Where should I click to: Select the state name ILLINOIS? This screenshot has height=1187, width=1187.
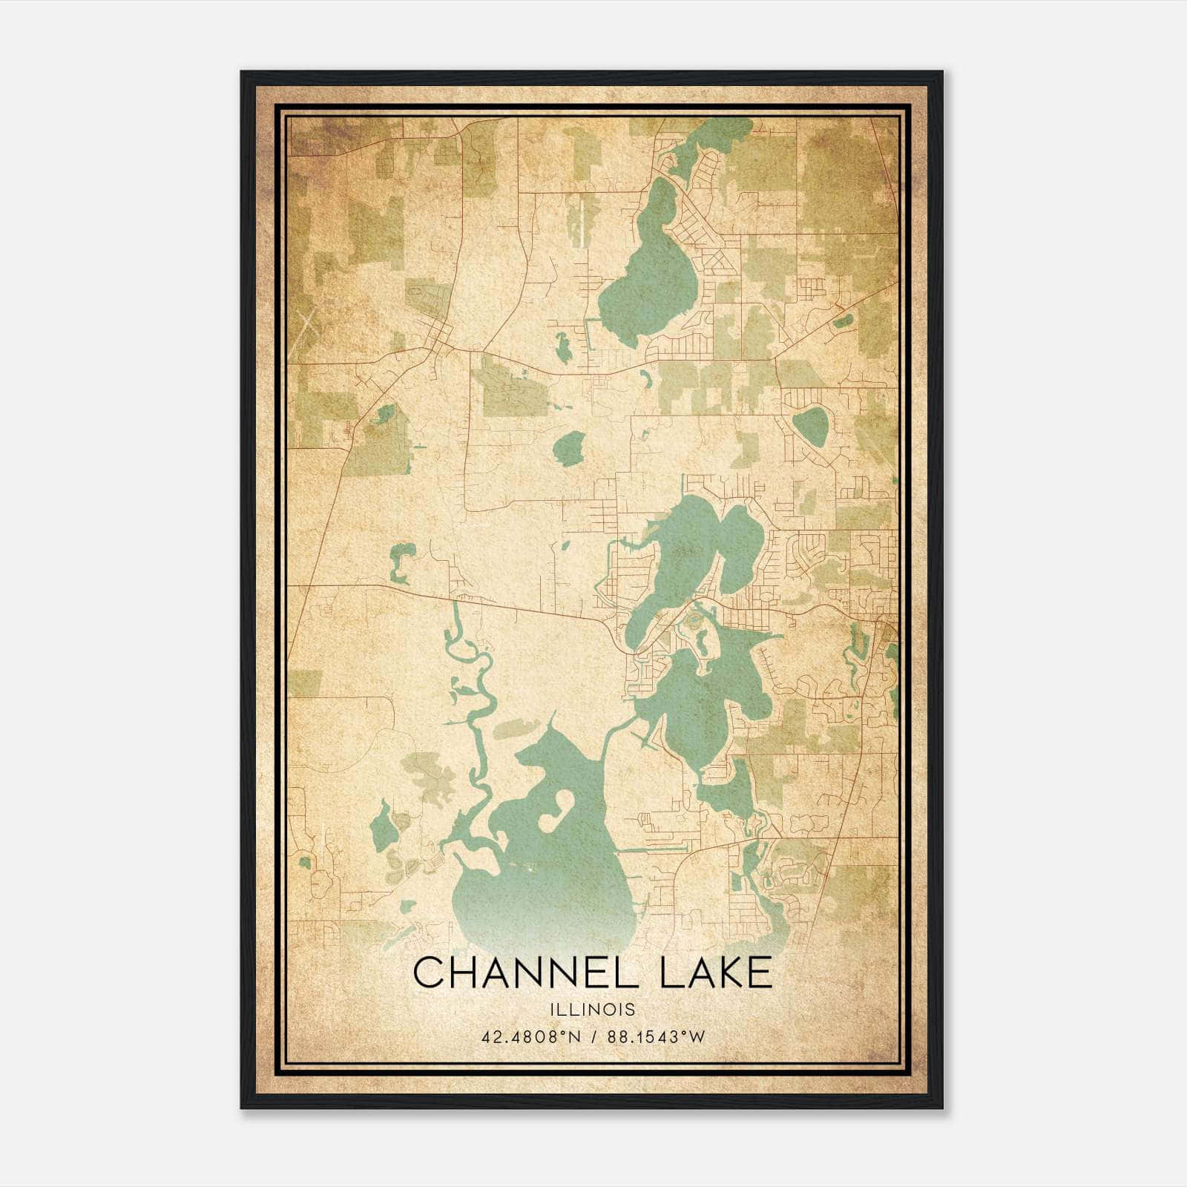click(x=592, y=1010)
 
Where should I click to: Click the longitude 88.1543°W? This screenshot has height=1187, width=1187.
click(x=656, y=1037)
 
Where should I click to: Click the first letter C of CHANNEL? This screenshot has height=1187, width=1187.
click(x=427, y=973)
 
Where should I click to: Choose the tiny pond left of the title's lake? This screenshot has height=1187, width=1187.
click(x=407, y=906)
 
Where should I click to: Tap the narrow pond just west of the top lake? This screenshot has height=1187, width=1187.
click(x=564, y=346)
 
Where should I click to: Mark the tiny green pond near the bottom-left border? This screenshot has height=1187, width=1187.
click(x=304, y=863)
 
